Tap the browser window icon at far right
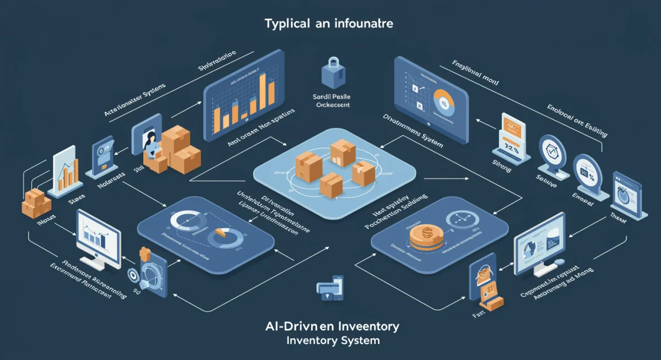626,192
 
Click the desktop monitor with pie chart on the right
539,242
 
